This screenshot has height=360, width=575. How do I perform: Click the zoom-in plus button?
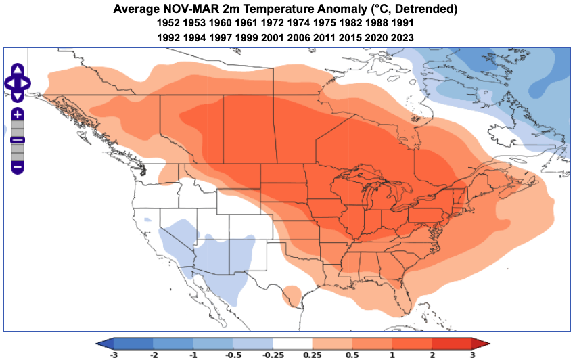pos(18,114)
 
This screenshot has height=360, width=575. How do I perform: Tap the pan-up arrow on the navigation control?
pos(18,70)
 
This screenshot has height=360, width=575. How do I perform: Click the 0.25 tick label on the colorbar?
pos(313,354)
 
